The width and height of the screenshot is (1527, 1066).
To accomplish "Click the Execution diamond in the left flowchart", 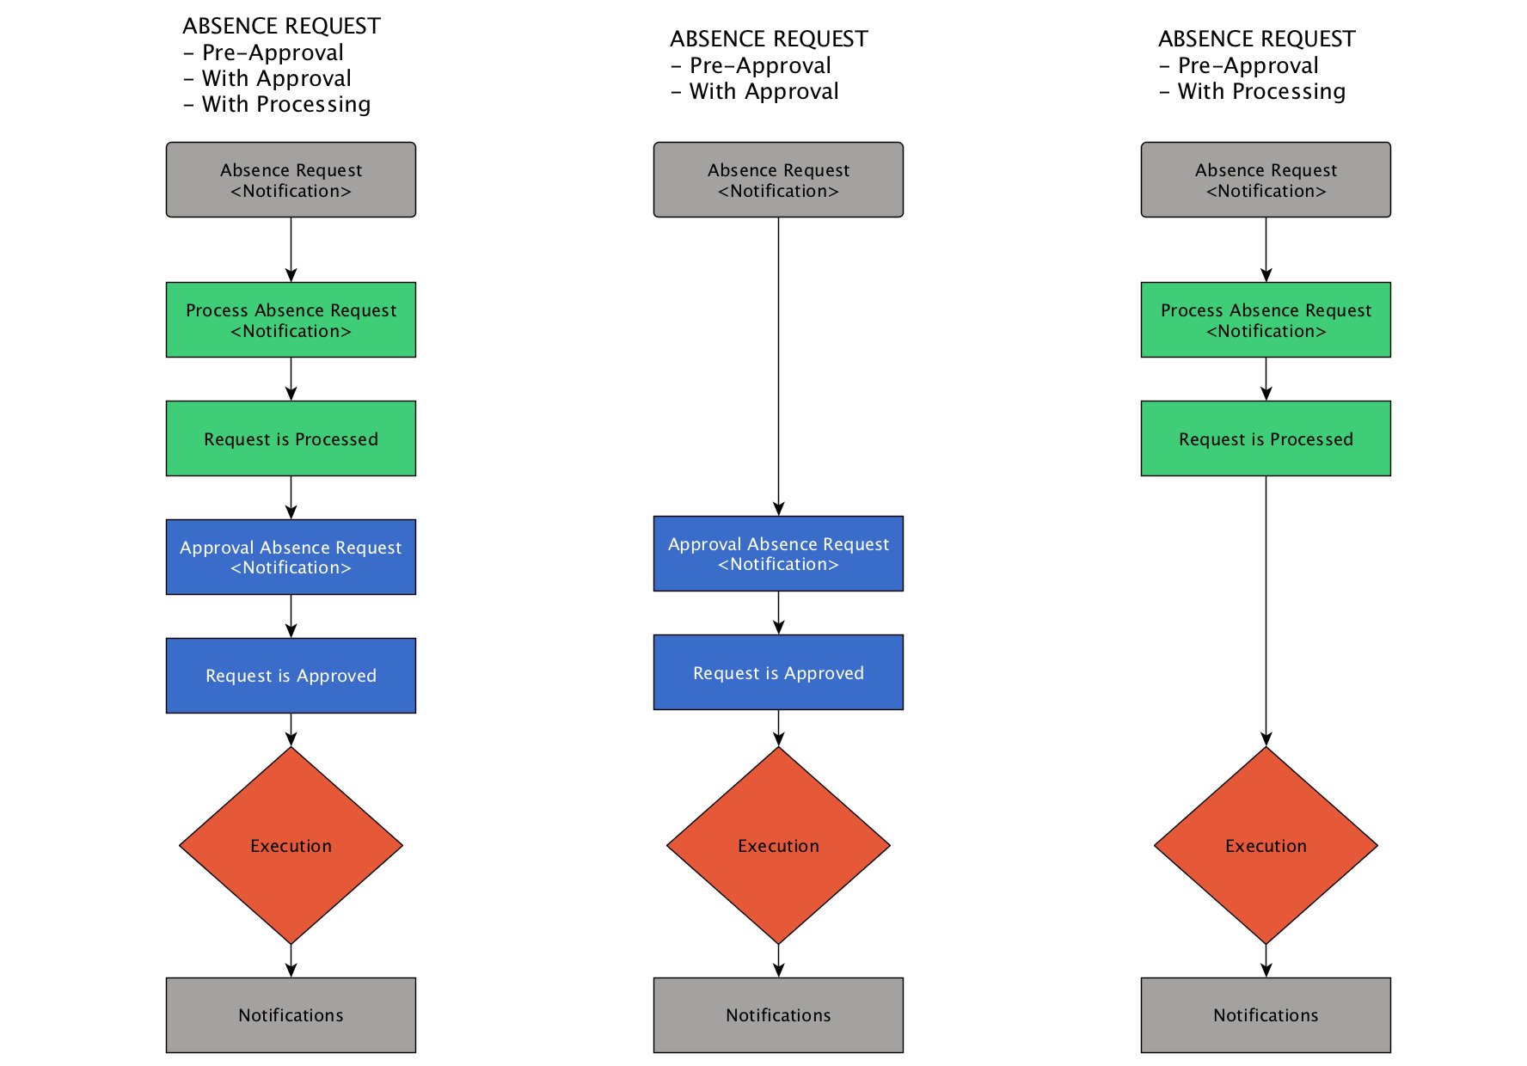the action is (291, 845).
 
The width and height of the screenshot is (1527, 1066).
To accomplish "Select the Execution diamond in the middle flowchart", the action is (778, 845).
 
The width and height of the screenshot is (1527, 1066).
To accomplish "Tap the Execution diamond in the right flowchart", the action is (1266, 845).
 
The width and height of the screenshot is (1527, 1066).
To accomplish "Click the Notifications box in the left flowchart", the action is (291, 1015).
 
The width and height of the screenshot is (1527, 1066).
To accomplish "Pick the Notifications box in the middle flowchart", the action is (778, 1015).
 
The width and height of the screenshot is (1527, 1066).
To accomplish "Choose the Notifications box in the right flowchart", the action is (1266, 1015).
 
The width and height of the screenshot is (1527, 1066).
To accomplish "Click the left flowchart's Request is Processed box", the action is (291, 438).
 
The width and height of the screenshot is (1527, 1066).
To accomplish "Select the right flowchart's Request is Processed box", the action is (1266, 438).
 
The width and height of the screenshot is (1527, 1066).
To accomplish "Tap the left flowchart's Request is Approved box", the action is (291, 676).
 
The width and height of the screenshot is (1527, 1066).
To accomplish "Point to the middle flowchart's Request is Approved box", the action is (778, 672).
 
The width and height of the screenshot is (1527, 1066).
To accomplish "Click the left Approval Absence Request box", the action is (291, 557).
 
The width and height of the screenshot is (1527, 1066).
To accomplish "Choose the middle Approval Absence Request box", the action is (778, 554).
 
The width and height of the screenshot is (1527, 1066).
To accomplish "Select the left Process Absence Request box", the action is (291, 320).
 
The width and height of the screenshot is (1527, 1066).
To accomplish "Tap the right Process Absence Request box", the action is (1266, 320).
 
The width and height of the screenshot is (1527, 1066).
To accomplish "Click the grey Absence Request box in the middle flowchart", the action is (778, 180).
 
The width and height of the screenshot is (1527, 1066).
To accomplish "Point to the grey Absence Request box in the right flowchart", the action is (1266, 180).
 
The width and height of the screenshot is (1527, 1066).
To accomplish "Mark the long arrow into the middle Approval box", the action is (778, 366).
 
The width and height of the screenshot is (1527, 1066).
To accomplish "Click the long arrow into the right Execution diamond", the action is (1266, 611).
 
